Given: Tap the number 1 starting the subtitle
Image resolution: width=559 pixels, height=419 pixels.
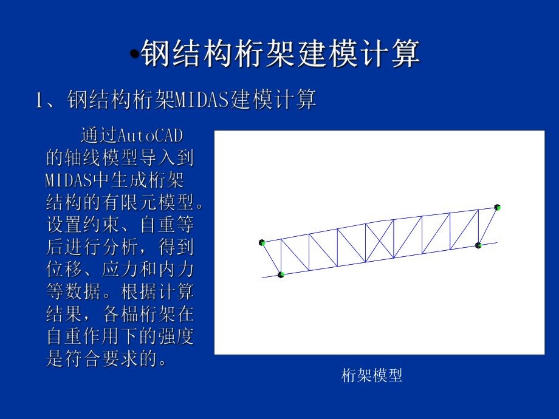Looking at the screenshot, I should [x=40, y=100].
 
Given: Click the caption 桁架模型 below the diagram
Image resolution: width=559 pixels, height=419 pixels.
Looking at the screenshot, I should [x=372, y=376].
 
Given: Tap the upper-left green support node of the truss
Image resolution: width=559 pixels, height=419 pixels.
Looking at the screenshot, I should [x=262, y=243].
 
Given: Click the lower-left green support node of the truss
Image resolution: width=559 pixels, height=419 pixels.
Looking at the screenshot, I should [x=281, y=274].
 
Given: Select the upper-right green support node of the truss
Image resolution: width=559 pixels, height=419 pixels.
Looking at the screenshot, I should [x=497, y=208].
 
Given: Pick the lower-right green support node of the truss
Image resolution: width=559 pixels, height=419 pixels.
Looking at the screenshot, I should [x=478, y=245].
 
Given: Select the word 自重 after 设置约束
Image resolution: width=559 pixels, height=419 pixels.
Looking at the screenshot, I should [x=156, y=225].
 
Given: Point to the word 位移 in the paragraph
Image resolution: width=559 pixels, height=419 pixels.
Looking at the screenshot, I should [x=61, y=269].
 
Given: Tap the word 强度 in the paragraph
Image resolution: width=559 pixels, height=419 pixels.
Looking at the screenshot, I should [x=179, y=336].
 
